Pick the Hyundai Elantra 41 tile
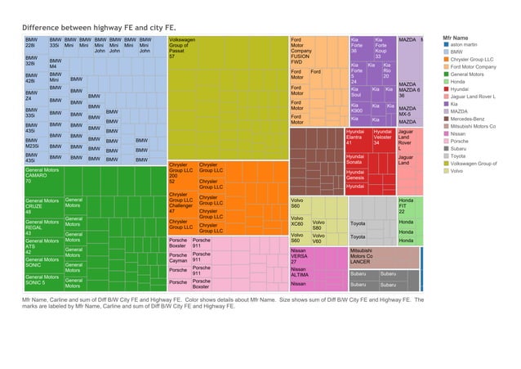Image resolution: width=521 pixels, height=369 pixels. coord(358,137)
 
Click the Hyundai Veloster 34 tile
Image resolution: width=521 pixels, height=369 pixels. coord(383,137)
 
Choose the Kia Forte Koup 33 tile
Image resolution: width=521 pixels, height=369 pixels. coord(383,47)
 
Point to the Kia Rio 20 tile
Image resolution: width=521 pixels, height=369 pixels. coord(389,71)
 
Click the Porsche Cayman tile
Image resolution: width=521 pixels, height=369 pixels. coord(178,257)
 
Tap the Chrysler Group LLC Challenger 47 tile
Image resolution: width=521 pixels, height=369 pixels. coord(180,203)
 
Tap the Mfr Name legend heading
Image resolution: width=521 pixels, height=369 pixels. coord(455,38)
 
